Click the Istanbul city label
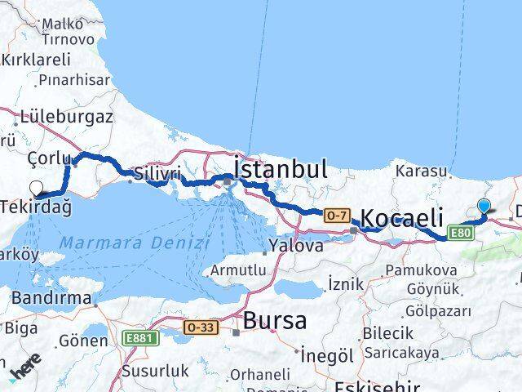point(281,169)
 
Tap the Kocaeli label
point(402,218)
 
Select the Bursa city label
point(275,320)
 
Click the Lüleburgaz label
point(69,116)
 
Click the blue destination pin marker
point(484,207)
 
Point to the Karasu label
point(421,171)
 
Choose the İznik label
point(343,283)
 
